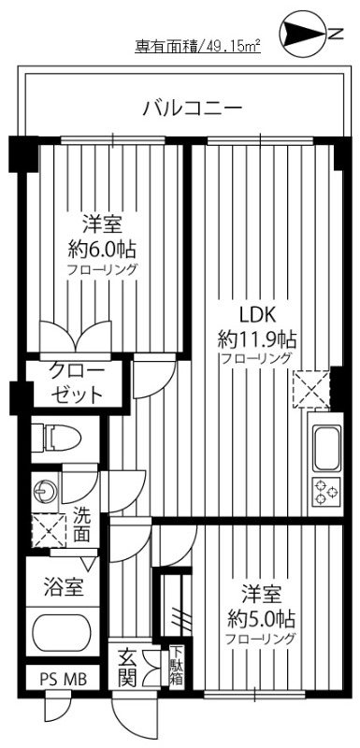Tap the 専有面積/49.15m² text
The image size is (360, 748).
click(x=196, y=46)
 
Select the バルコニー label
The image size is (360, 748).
click(x=192, y=108)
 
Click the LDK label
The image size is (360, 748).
click(x=254, y=313)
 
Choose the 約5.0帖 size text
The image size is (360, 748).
click(x=259, y=618)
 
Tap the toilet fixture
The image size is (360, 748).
click(x=56, y=436)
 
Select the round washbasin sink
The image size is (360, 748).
click(x=45, y=488)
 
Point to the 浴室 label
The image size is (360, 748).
click(x=65, y=588)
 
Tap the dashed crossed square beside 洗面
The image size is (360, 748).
click(x=45, y=530)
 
